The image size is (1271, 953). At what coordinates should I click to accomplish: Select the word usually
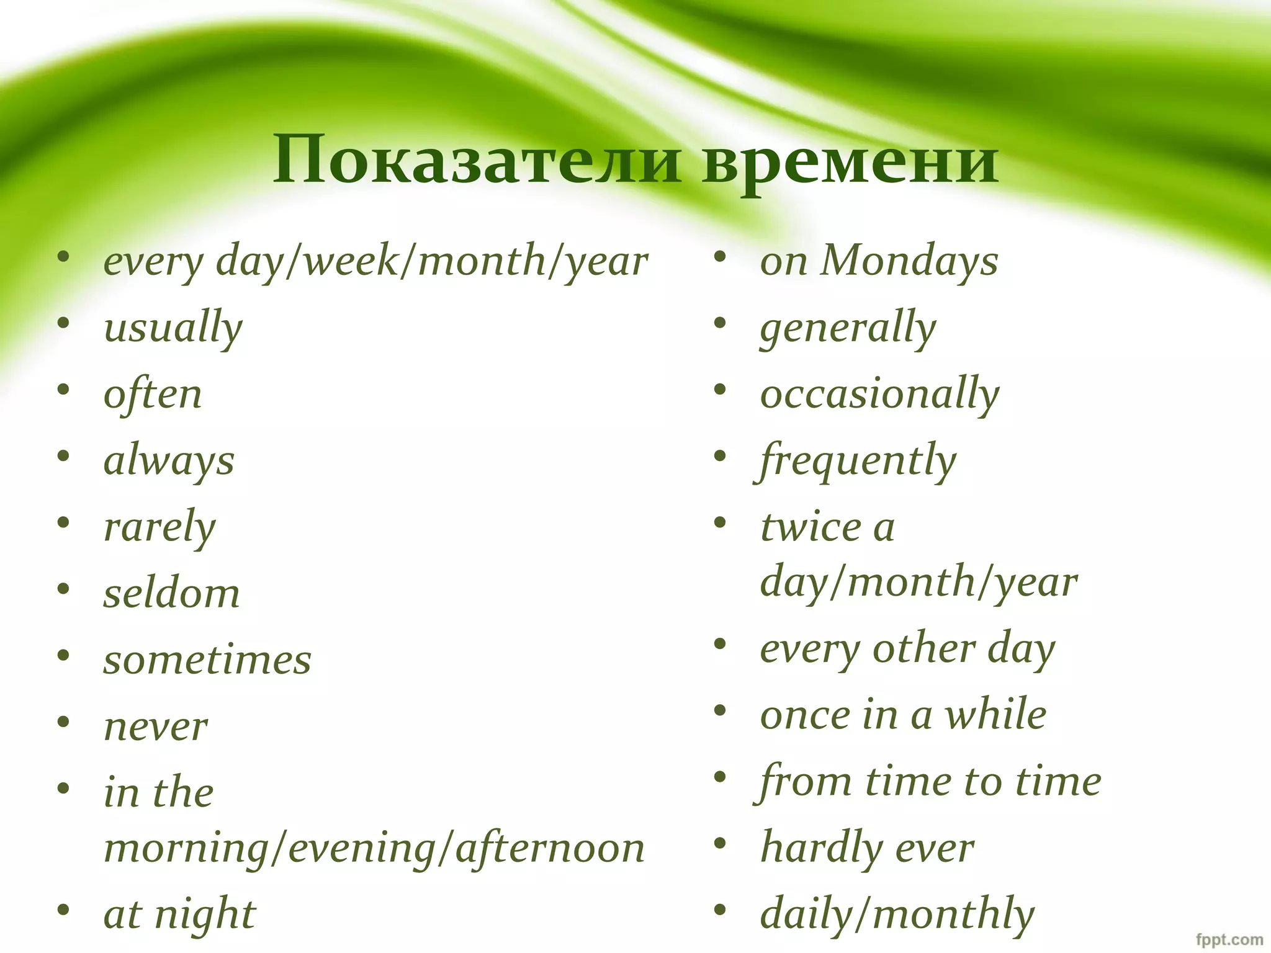(173, 328)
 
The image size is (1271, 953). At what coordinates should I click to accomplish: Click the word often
(153, 394)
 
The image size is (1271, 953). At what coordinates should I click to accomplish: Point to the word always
(169, 461)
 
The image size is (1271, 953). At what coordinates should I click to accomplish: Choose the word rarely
(159, 527)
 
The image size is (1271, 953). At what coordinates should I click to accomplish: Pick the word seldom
(171, 593)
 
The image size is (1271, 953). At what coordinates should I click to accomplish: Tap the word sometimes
(207, 660)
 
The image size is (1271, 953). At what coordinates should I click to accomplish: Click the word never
(156, 726)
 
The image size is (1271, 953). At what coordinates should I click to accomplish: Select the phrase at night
(179, 915)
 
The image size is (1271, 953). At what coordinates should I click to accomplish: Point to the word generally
(848, 328)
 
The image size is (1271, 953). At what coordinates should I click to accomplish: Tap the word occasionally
(880, 394)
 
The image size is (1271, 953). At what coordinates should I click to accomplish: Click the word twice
(811, 527)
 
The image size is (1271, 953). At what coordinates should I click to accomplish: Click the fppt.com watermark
(1229, 939)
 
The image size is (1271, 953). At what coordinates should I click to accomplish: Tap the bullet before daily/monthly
(720, 910)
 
